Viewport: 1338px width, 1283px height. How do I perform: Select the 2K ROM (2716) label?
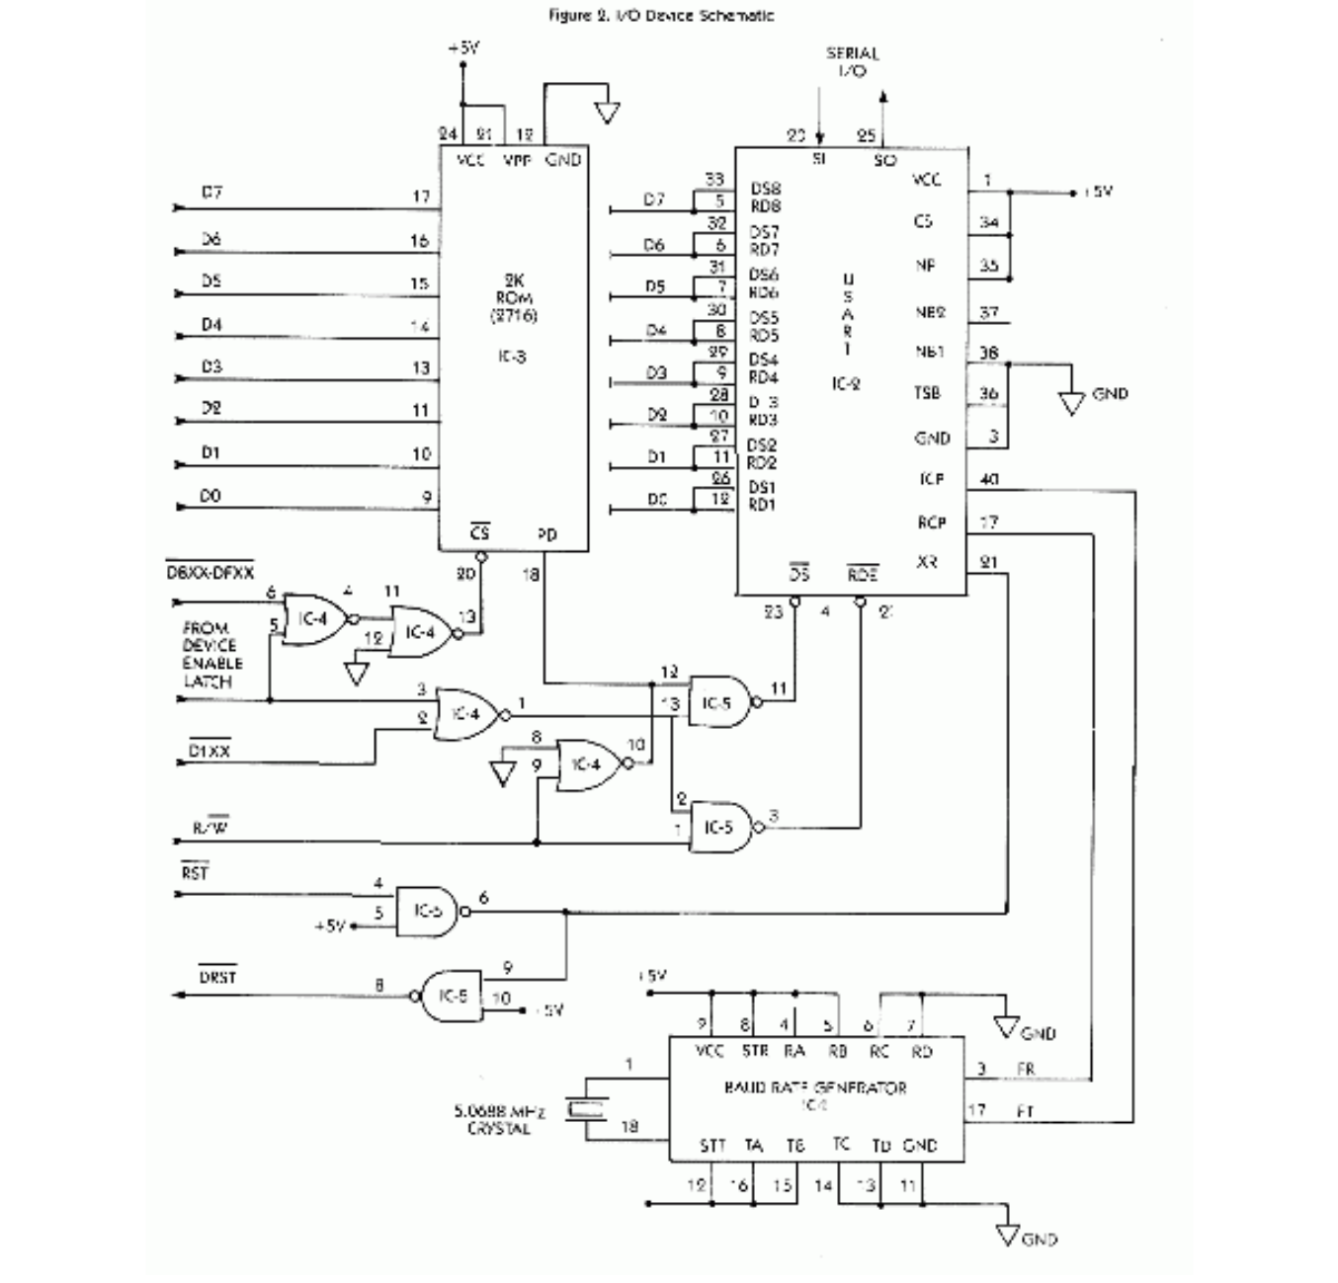[513, 297]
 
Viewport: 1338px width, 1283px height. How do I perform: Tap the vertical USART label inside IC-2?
[847, 314]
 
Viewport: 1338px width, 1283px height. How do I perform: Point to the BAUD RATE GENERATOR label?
[815, 1087]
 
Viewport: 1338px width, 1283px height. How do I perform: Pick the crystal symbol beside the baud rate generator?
[585, 1110]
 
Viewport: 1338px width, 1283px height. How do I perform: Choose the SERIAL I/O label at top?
[852, 61]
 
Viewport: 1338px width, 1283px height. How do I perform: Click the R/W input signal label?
[211, 828]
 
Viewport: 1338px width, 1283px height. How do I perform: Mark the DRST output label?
[217, 977]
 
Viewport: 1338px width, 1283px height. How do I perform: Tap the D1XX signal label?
[209, 751]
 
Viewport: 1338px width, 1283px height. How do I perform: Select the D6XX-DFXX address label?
[209, 572]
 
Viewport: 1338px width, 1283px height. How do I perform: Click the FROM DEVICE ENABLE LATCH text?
[210, 655]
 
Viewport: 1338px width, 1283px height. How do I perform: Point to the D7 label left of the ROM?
[211, 193]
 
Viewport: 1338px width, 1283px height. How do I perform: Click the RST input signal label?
[195, 873]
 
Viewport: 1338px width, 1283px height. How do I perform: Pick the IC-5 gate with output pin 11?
[719, 702]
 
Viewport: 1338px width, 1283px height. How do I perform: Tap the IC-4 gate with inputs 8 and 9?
[588, 765]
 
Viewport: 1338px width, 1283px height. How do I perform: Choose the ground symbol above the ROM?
[607, 113]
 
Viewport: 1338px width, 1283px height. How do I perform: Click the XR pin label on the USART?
[927, 562]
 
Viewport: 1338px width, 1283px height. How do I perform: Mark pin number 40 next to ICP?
[988, 480]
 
